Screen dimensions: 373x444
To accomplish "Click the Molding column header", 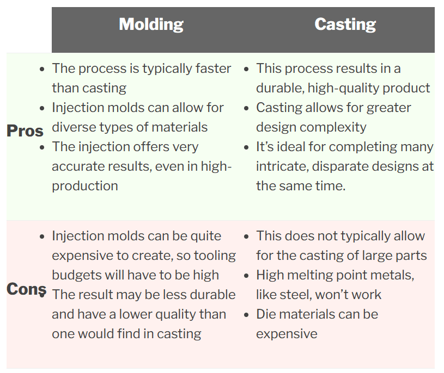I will [151, 24].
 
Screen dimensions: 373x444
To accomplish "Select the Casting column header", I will [345, 24].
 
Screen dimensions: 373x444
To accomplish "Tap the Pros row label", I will [25, 131].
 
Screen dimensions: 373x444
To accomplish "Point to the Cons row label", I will [26, 289].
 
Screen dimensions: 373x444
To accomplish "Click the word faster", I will [214, 69].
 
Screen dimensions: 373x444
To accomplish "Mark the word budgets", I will [76, 275].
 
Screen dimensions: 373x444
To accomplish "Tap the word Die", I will [266, 314].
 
